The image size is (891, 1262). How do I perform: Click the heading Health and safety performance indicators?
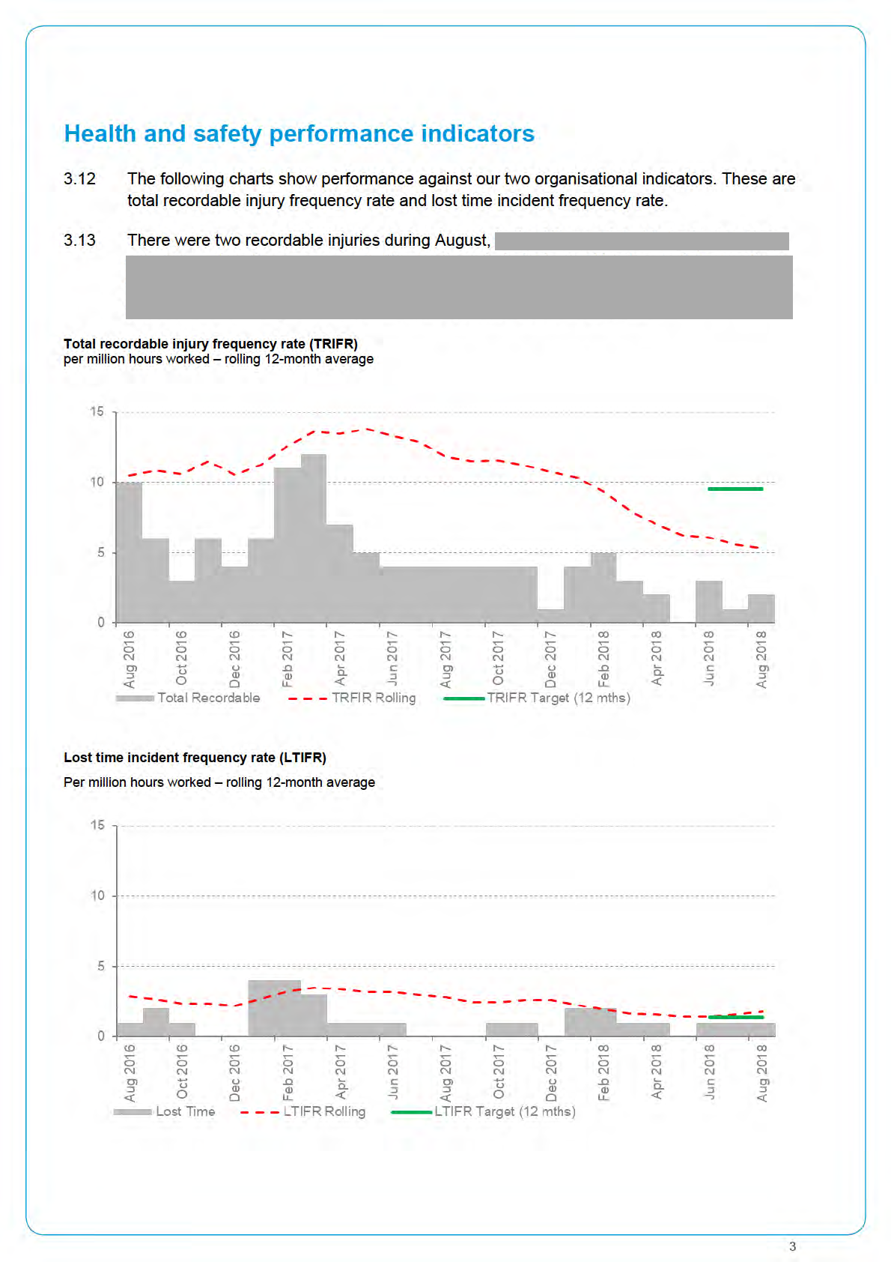coord(299,133)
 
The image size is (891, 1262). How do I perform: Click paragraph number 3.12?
coord(79,179)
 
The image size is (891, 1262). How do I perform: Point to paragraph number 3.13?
coord(79,241)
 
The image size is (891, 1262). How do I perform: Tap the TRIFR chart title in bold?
coord(210,344)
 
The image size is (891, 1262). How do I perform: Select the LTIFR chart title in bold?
coord(195,758)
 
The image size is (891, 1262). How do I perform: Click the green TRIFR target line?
coord(735,489)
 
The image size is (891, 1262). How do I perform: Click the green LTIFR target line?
coord(735,1017)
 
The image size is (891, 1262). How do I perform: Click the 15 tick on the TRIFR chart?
coord(97,411)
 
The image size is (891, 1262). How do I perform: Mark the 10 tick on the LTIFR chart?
coord(97,896)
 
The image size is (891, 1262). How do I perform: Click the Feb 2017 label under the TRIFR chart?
coord(288,659)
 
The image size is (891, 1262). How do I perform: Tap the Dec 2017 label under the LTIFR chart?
coord(551,1072)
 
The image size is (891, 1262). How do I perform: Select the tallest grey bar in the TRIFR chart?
coord(313,540)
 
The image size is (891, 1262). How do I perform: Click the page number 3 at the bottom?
coord(792,1246)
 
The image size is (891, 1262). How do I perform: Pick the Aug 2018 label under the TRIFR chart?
coord(761,659)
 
